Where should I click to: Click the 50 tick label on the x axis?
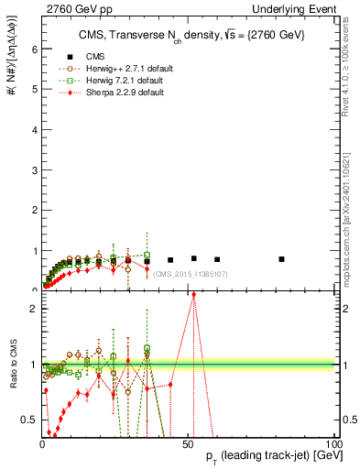pos(188,442)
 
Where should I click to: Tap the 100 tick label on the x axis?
pos(333,442)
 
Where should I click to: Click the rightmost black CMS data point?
pos(281,259)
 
